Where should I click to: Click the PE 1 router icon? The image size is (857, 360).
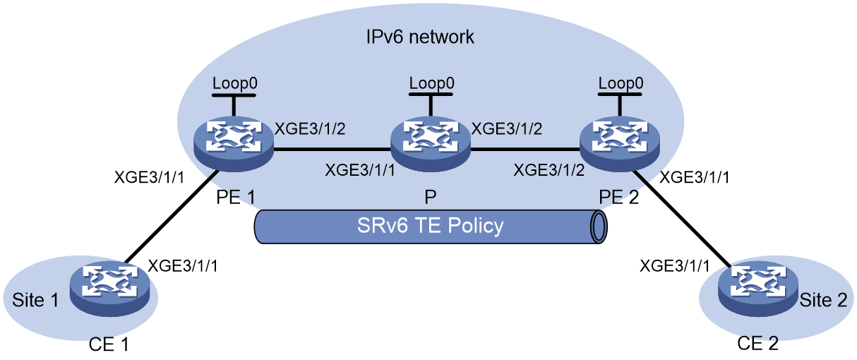point(234,143)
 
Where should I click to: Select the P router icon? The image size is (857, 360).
point(431,143)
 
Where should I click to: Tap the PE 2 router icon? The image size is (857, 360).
point(620,143)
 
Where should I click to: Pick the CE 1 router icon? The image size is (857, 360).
point(110,289)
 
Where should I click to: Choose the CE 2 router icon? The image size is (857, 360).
point(758,289)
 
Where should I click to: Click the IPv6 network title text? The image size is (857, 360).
point(420,37)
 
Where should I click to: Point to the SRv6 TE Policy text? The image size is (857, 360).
point(430,225)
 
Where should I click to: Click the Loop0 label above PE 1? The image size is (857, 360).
point(234,83)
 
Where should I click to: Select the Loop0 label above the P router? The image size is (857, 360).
point(431,83)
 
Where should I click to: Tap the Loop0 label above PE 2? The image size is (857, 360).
point(621,83)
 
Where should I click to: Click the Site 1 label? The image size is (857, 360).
point(35,300)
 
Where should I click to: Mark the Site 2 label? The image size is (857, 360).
point(823,300)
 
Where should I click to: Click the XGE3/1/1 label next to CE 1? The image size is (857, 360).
point(183,266)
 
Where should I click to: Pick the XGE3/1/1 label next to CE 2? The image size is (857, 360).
point(675,266)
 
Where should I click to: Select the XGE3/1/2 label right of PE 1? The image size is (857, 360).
point(311,129)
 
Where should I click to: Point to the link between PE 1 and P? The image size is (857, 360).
point(332,149)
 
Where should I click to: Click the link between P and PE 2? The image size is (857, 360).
point(525,149)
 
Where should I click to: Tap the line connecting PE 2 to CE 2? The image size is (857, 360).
point(682,220)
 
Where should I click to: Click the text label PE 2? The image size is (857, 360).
point(618,198)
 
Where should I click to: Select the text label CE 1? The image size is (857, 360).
point(109,344)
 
